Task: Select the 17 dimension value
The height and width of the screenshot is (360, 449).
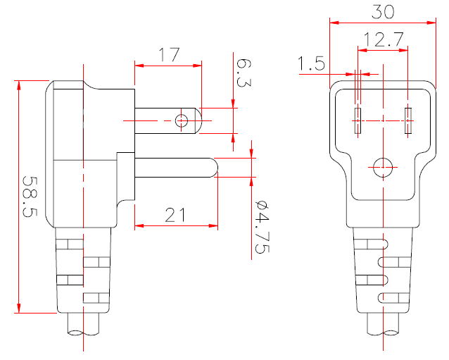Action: pyautogui.click(x=169, y=54)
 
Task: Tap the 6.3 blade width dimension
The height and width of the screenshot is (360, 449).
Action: pyautogui.click(x=243, y=72)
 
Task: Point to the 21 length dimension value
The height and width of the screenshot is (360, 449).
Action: pyautogui.click(x=177, y=214)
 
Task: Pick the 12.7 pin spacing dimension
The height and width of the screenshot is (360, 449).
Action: pyautogui.click(x=384, y=39)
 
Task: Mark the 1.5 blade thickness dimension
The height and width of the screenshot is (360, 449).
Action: pyautogui.click(x=311, y=65)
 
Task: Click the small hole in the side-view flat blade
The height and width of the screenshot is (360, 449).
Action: pyautogui.click(x=181, y=121)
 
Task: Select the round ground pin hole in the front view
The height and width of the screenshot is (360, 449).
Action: pyautogui.click(x=382, y=167)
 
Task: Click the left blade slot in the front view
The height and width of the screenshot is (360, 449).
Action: pyautogui.click(x=358, y=121)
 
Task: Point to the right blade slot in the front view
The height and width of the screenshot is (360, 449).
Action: pyautogui.click(x=407, y=121)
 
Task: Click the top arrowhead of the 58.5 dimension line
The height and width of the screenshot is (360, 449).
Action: pyautogui.click(x=19, y=85)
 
